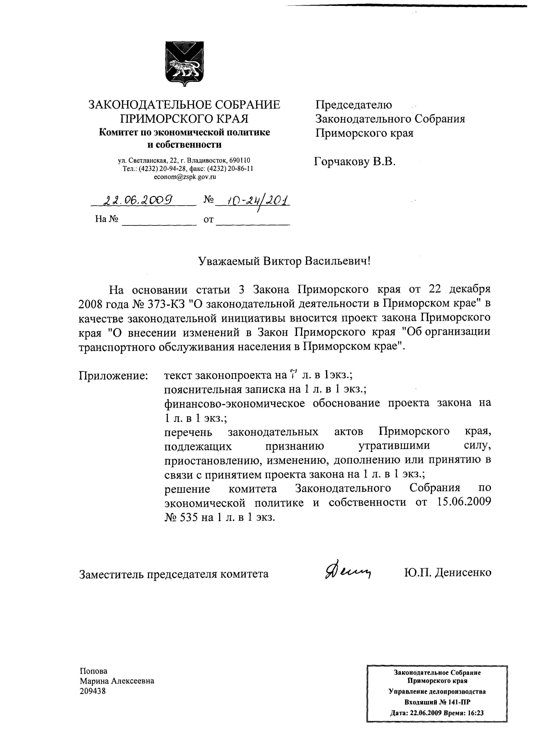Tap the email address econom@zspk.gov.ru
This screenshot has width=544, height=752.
185,177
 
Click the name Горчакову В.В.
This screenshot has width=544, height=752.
355,162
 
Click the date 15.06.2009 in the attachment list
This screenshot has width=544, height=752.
463,502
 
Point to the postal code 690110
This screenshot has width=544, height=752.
240,161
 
